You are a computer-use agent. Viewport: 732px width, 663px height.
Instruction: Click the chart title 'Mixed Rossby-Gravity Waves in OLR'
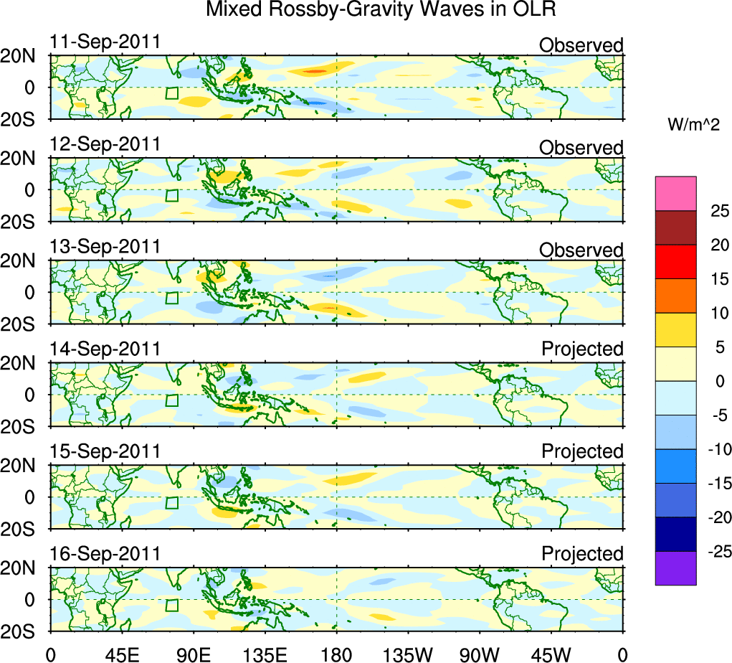381,11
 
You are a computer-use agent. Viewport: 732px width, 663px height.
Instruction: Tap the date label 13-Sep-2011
105,246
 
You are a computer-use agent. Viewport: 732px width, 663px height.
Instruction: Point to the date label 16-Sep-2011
105,553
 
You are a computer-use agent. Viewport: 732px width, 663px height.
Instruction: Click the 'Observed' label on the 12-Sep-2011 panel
581,148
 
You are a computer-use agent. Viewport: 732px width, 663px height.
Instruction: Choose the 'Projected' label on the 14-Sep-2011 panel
582,349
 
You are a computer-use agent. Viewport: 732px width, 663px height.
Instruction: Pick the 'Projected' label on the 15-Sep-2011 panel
582,451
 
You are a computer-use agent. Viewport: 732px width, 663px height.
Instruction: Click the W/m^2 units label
693,125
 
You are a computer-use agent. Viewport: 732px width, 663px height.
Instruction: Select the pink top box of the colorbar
675,193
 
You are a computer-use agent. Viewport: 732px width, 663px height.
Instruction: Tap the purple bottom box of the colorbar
675,568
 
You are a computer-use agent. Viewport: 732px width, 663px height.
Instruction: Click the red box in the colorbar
675,261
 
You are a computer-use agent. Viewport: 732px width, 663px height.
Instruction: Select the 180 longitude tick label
336,654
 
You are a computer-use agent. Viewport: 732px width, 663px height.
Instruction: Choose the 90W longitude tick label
480,654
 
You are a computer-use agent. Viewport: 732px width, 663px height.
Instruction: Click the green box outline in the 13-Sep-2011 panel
171,298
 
